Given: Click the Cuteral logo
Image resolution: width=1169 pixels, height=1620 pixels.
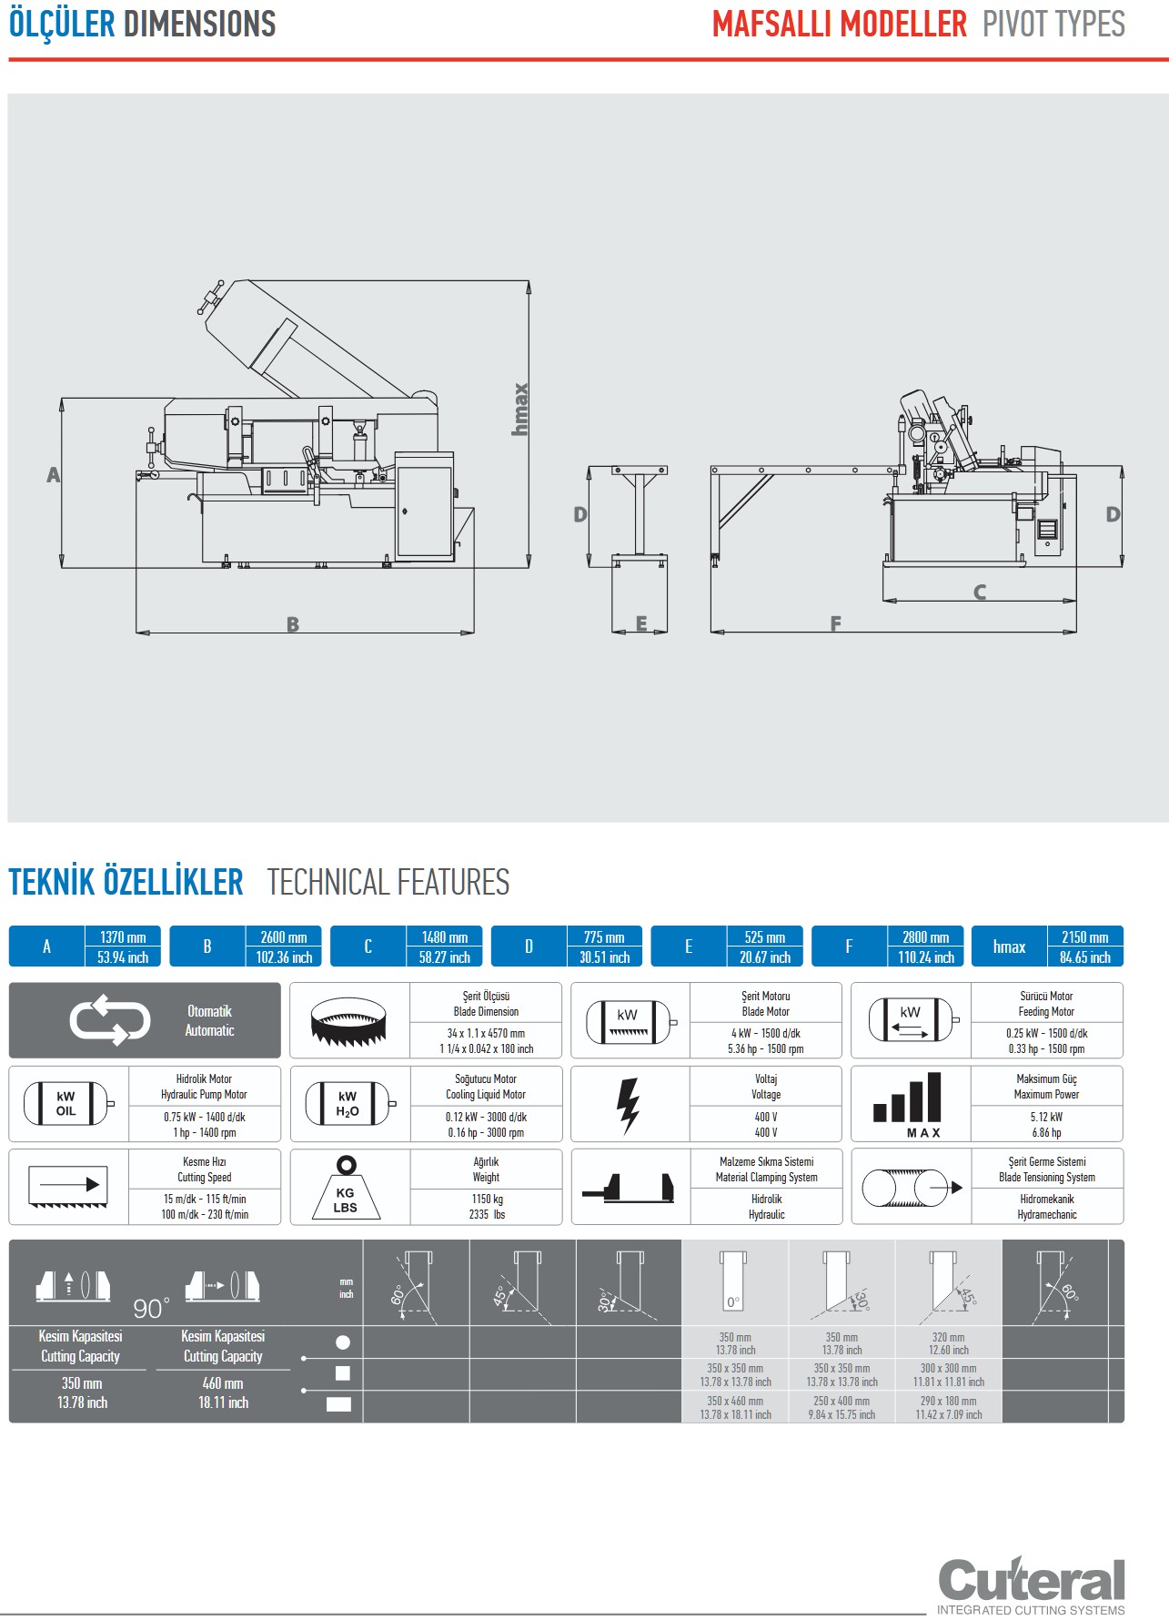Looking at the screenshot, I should click(x=1031, y=1582).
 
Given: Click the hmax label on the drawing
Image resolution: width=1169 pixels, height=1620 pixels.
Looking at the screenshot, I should click(x=520, y=409).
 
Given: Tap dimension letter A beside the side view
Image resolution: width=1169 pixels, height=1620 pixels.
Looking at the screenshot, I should click(x=53, y=474).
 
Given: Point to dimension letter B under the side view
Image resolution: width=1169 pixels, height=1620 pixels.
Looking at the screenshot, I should click(x=292, y=624).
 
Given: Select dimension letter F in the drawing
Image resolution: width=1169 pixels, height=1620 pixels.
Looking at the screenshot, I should click(x=835, y=623).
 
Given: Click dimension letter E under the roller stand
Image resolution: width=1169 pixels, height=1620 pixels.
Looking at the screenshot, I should click(x=641, y=623).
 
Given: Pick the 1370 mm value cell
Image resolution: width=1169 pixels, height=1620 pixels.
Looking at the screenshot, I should click(x=123, y=937).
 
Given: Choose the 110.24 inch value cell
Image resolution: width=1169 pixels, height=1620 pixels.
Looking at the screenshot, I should click(x=926, y=957).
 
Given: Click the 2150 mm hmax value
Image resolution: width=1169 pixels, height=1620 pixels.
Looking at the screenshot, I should click(x=1084, y=937).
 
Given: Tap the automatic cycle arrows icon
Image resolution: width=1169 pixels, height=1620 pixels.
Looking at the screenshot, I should click(x=110, y=1020).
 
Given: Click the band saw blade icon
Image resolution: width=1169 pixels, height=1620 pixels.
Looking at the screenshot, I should click(x=349, y=1021).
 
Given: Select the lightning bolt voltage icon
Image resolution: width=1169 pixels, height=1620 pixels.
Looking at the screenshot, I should click(x=628, y=1105).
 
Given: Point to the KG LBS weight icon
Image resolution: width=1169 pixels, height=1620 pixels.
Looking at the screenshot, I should click(x=346, y=1188).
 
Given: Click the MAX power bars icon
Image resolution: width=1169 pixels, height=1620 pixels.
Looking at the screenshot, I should click(x=909, y=1104).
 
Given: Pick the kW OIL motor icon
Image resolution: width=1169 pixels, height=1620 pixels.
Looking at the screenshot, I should click(x=67, y=1104).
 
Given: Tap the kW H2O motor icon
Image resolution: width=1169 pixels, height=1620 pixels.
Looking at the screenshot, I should click(x=348, y=1104).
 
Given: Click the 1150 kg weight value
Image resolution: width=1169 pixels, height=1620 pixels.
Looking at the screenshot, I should click(x=487, y=1199).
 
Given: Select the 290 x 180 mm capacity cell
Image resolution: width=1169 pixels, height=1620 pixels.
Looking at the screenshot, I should click(x=948, y=1402).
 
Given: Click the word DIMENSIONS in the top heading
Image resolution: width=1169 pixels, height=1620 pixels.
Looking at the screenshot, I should click(x=199, y=24).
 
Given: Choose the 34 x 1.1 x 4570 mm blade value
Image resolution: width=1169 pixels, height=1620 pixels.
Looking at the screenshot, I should click(x=486, y=1033).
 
